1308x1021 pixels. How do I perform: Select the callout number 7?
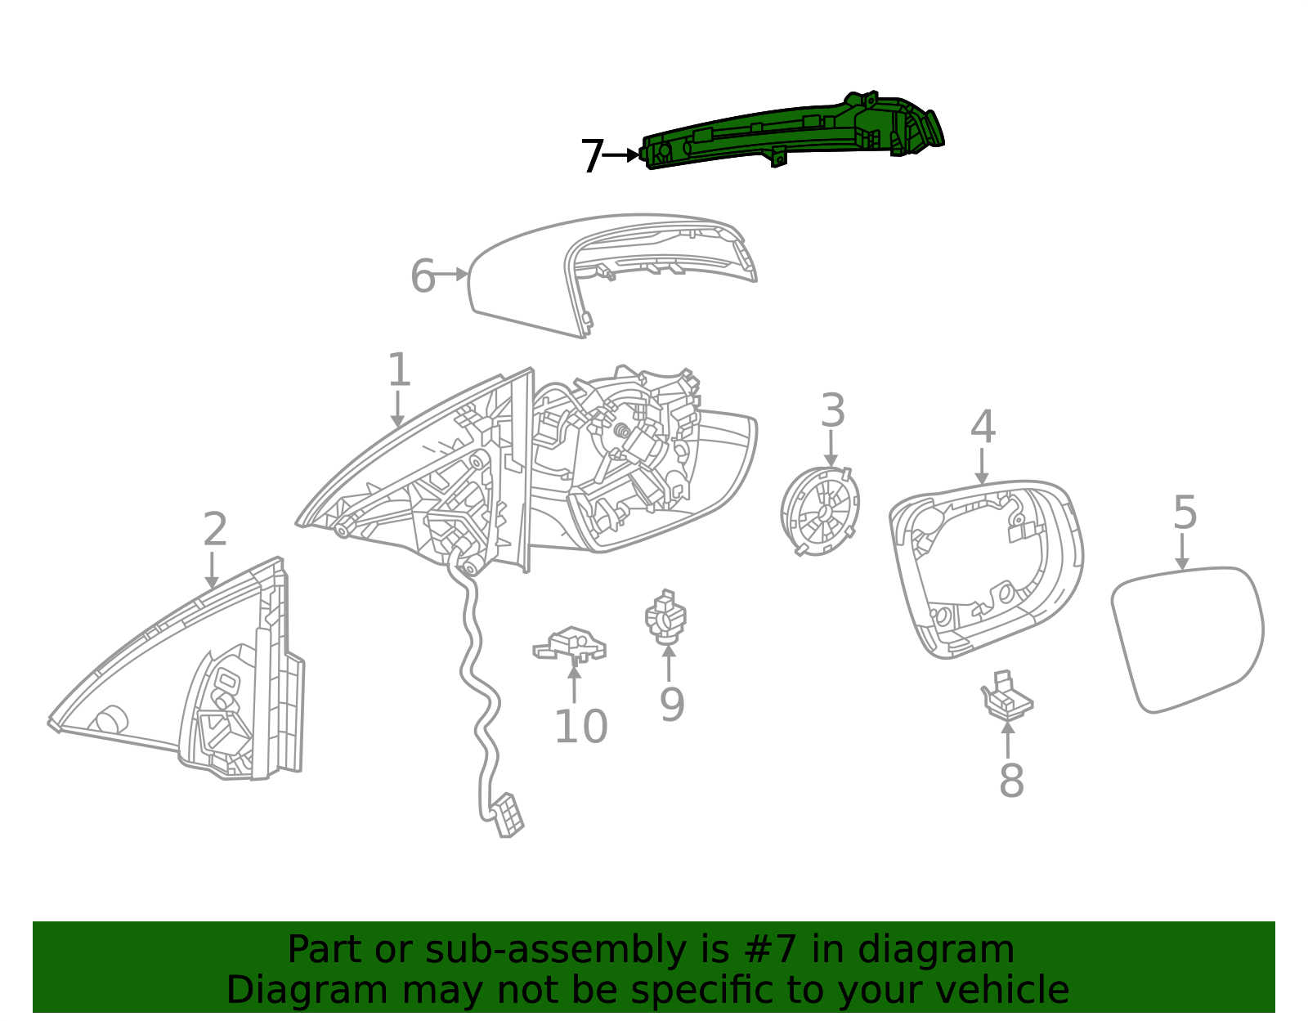coord(592,156)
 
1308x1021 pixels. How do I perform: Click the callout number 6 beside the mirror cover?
coord(423,276)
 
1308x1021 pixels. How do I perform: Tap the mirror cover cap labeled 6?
coord(523,278)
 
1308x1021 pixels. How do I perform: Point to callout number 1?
coord(398,369)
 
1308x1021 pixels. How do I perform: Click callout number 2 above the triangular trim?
coord(214,530)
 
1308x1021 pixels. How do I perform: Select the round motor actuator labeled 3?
coord(820,511)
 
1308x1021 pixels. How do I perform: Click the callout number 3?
coord(832,410)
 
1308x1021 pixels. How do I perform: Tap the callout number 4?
coord(983,428)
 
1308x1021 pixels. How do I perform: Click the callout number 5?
coord(1185,513)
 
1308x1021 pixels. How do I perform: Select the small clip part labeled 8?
coord(1006,697)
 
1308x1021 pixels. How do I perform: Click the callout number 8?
coord(1011,781)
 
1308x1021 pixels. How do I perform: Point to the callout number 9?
coord(671,705)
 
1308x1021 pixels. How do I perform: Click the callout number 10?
coord(580,727)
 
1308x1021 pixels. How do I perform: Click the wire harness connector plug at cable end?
coord(508,816)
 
